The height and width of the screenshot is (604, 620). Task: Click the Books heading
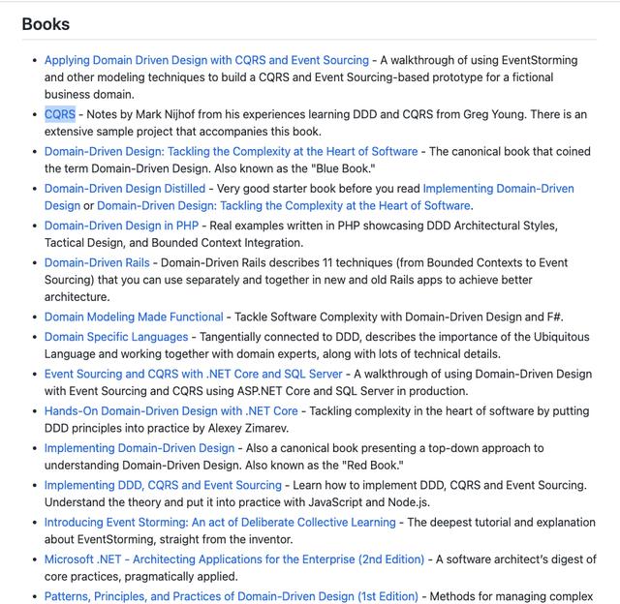(46, 24)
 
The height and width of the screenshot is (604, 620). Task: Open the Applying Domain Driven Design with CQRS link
(206, 60)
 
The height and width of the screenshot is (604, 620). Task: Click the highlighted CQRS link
(60, 114)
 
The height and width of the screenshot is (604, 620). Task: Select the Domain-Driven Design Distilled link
(125, 189)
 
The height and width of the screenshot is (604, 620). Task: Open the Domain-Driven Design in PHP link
(121, 226)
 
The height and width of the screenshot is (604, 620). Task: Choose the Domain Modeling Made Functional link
(134, 317)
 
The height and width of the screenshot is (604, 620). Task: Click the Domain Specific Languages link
(116, 337)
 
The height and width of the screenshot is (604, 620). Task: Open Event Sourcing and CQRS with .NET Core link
(193, 374)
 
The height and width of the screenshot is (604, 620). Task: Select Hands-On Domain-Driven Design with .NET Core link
(171, 410)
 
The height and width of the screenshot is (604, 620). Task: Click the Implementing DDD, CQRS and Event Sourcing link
(163, 485)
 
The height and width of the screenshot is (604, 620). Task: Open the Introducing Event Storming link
(220, 522)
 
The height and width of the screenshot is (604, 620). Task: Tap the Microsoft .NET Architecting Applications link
(234, 559)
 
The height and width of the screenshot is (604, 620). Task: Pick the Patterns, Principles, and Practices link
(232, 596)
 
